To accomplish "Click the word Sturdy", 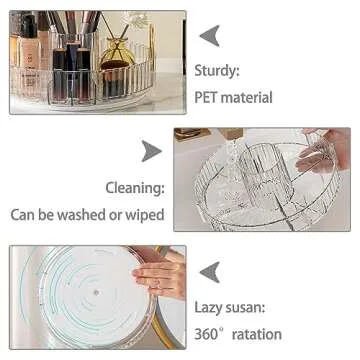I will (223, 72).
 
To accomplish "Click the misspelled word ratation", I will (259, 333).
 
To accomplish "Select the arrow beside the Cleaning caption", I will (149, 151).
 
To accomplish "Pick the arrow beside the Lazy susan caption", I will (209, 271).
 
